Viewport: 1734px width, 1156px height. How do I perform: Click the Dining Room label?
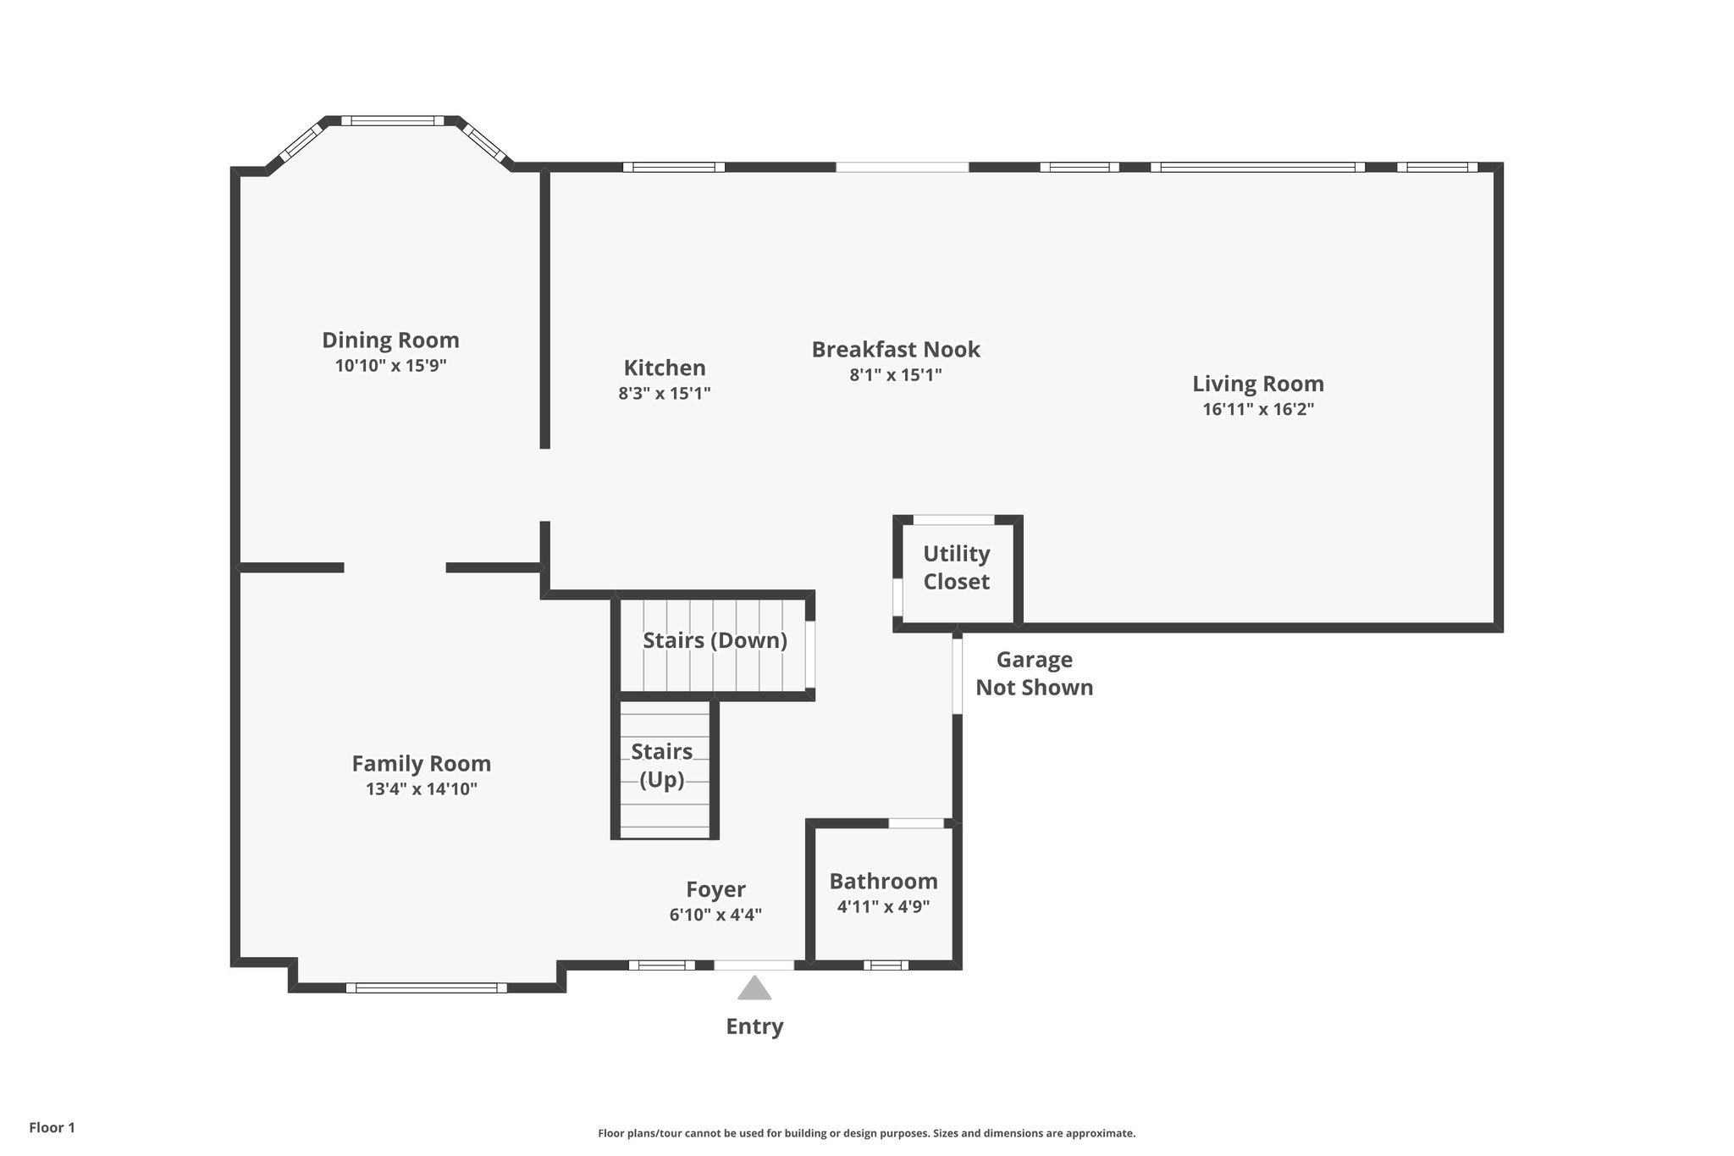[390, 340]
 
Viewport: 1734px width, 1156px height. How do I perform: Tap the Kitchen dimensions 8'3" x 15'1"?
[664, 393]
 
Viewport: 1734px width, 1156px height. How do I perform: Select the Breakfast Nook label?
[896, 349]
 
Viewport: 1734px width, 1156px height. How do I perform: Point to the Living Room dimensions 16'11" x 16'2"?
[1258, 409]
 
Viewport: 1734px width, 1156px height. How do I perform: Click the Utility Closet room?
[957, 568]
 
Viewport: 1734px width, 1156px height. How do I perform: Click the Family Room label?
[421, 764]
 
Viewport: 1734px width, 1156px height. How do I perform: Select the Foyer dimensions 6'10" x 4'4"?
[715, 915]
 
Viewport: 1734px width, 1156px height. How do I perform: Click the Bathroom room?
[883, 893]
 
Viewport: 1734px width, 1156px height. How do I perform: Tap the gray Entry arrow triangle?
[754, 988]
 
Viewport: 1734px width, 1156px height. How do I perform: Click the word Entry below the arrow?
[754, 1026]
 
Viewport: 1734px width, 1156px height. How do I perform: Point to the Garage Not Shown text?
[1034, 673]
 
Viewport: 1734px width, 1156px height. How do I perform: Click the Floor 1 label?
[52, 1127]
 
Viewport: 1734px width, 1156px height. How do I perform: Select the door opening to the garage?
[958, 676]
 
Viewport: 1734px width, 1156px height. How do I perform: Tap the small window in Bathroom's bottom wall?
[886, 965]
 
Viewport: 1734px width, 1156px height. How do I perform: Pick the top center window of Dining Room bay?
[392, 121]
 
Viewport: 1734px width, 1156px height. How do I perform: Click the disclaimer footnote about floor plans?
[866, 1133]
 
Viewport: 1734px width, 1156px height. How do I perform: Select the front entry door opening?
[754, 965]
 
